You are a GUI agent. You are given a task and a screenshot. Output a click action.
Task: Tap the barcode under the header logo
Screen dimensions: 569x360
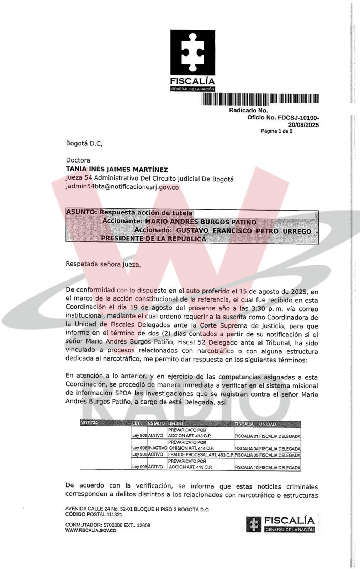[x=260, y=99]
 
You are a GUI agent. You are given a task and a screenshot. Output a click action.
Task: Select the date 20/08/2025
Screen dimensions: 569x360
[x=303, y=125]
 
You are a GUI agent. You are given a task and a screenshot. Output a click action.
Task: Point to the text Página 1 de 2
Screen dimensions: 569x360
[x=276, y=131]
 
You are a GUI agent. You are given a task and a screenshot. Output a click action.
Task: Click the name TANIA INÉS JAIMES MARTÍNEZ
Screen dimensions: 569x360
[x=117, y=170]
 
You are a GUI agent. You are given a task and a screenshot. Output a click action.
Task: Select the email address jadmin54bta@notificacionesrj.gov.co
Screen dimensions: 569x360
[x=122, y=187]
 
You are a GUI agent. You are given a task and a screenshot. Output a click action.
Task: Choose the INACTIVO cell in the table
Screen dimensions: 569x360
[x=157, y=448]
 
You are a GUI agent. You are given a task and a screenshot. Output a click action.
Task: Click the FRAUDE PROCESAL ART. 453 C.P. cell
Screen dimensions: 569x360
[x=200, y=455]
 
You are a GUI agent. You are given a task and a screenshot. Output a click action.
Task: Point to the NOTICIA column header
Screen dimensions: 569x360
[x=89, y=423]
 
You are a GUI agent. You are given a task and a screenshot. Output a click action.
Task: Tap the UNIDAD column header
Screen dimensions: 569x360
[x=268, y=424]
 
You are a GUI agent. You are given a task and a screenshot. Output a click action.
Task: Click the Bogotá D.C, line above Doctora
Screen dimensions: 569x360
[x=84, y=144]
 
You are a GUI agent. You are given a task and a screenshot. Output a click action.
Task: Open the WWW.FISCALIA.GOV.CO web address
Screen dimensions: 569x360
[x=91, y=530]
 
